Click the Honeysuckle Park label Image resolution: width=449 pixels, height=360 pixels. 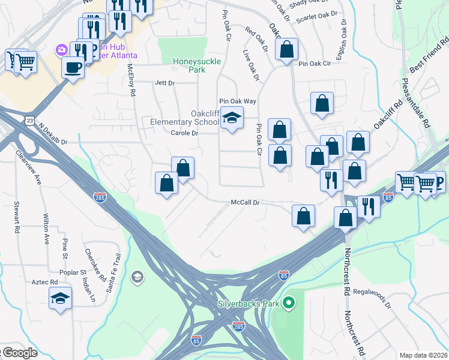(188, 65)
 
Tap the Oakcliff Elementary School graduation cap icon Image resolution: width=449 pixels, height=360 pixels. (231, 118)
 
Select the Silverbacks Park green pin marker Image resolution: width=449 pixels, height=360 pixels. (289, 303)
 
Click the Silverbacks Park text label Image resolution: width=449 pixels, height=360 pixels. (249, 304)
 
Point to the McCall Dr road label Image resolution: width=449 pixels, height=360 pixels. (245, 203)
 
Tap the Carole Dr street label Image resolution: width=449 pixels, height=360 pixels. (184, 133)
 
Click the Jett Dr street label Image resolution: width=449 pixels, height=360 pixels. (164, 83)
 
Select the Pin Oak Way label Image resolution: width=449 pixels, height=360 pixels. (237, 101)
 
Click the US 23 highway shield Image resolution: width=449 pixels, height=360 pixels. (30, 121)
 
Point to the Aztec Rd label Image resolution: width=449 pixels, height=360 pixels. (46, 281)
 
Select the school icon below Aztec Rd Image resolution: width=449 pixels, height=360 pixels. (60, 298)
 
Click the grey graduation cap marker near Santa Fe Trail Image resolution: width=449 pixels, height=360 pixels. (137, 277)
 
